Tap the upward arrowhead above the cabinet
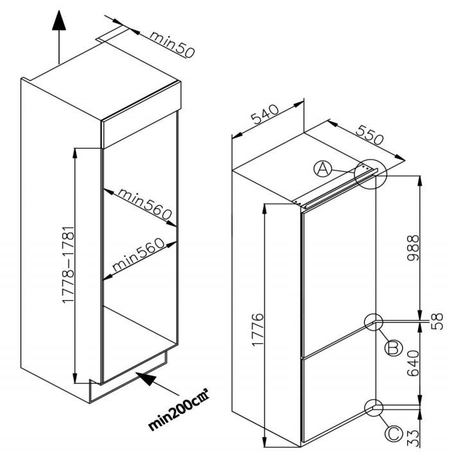(x=58, y=22)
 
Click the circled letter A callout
(x=323, y=169)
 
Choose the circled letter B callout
(x=392, y=348)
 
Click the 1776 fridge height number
(x=256, y=329)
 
